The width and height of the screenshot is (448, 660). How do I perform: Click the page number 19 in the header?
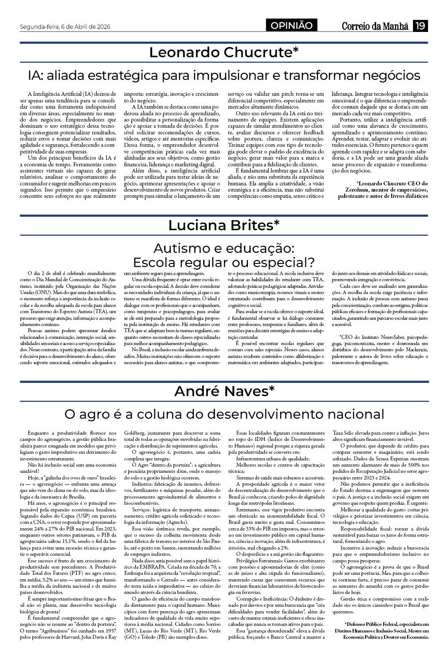pos(420,26)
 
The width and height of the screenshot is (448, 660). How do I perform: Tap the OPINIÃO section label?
pos(292,26)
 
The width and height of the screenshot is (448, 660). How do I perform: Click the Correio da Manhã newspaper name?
pos(375,26)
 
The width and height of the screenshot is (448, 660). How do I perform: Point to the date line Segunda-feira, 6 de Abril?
pos(65,27)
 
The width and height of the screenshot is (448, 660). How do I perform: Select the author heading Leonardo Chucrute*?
pos(224,52)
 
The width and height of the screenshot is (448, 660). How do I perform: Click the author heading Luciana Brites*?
pos(224,225)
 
